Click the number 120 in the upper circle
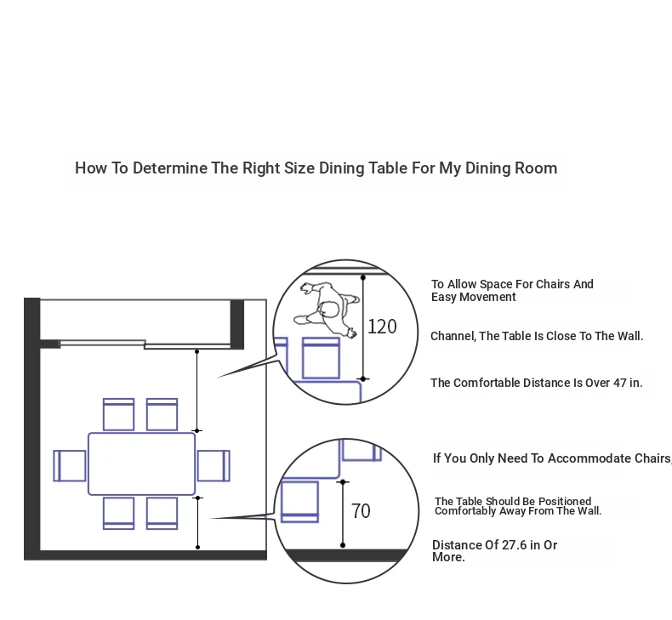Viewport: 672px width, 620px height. pyautogui.click(x=382, y=327)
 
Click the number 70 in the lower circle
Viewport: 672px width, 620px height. pyautogui.click(x=361, y=511)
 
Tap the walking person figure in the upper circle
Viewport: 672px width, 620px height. pyautogui.click(x=327, y=310)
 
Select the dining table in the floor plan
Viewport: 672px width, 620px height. pyautogui.click(x=141, y=464)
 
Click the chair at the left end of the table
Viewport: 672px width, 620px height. pyautogui.click(x=70, y=466)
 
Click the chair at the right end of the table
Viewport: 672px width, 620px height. pyautogui.click(x=214, y=466)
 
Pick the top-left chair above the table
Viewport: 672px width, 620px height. pyautogui.click(x=119, y=414)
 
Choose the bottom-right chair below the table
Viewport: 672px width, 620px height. pyautogui.click(x=162, y=514)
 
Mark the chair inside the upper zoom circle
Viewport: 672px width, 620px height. pyautogui.click(x=321, y=358)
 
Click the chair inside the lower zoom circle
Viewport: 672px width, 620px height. pyautogui.click(x=299, y=502)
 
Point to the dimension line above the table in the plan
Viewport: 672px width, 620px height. pyautogui.click(x=196, y=390)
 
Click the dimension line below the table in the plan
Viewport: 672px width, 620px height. pyautogui.click(x=197, y=522)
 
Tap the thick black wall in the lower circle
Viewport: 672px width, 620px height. pyautogui.click(x=346, y=555)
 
